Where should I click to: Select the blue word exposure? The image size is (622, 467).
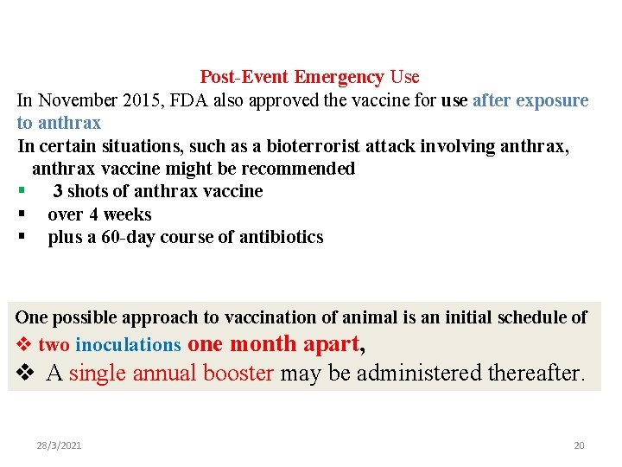click(x=552, y=100)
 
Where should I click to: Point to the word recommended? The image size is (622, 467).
click(x=299, y=168)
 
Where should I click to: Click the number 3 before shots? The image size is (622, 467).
click(x=57, y=191)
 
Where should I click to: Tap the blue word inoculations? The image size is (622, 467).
click(x=128, y=345)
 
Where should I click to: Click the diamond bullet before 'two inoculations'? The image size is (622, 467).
click(x=24, y=345)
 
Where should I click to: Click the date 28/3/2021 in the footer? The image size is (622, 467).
click(x=59, y=445)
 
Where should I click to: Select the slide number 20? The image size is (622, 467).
click(x=579, y=445)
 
